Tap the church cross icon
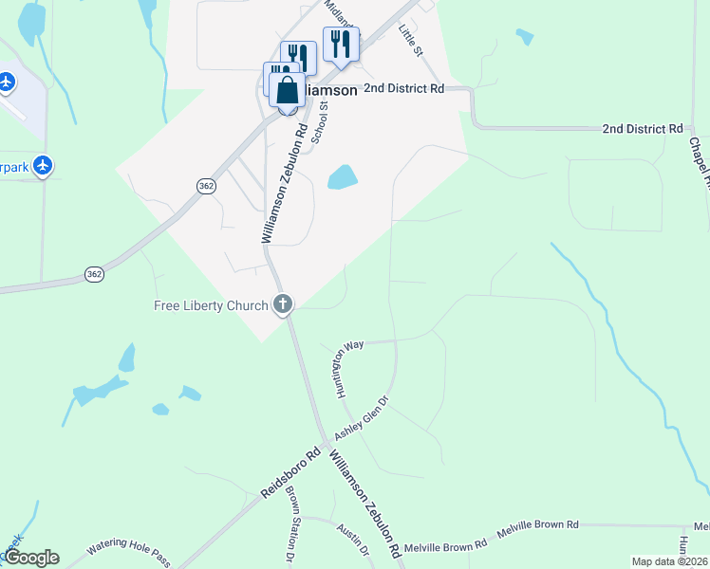(x=282, y=304)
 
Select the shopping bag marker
(x=288, y=91)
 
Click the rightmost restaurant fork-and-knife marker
(x=341, y=44)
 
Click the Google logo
(x=31, y=558)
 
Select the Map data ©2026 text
(x=670, y=561)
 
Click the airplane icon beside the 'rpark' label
(x=42, y=166)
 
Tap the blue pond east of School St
(x=342, y=176)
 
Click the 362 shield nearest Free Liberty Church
(x=93, y=273)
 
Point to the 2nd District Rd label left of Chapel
(x=643, y=128)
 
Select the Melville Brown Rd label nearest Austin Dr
(x=445, y=544)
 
